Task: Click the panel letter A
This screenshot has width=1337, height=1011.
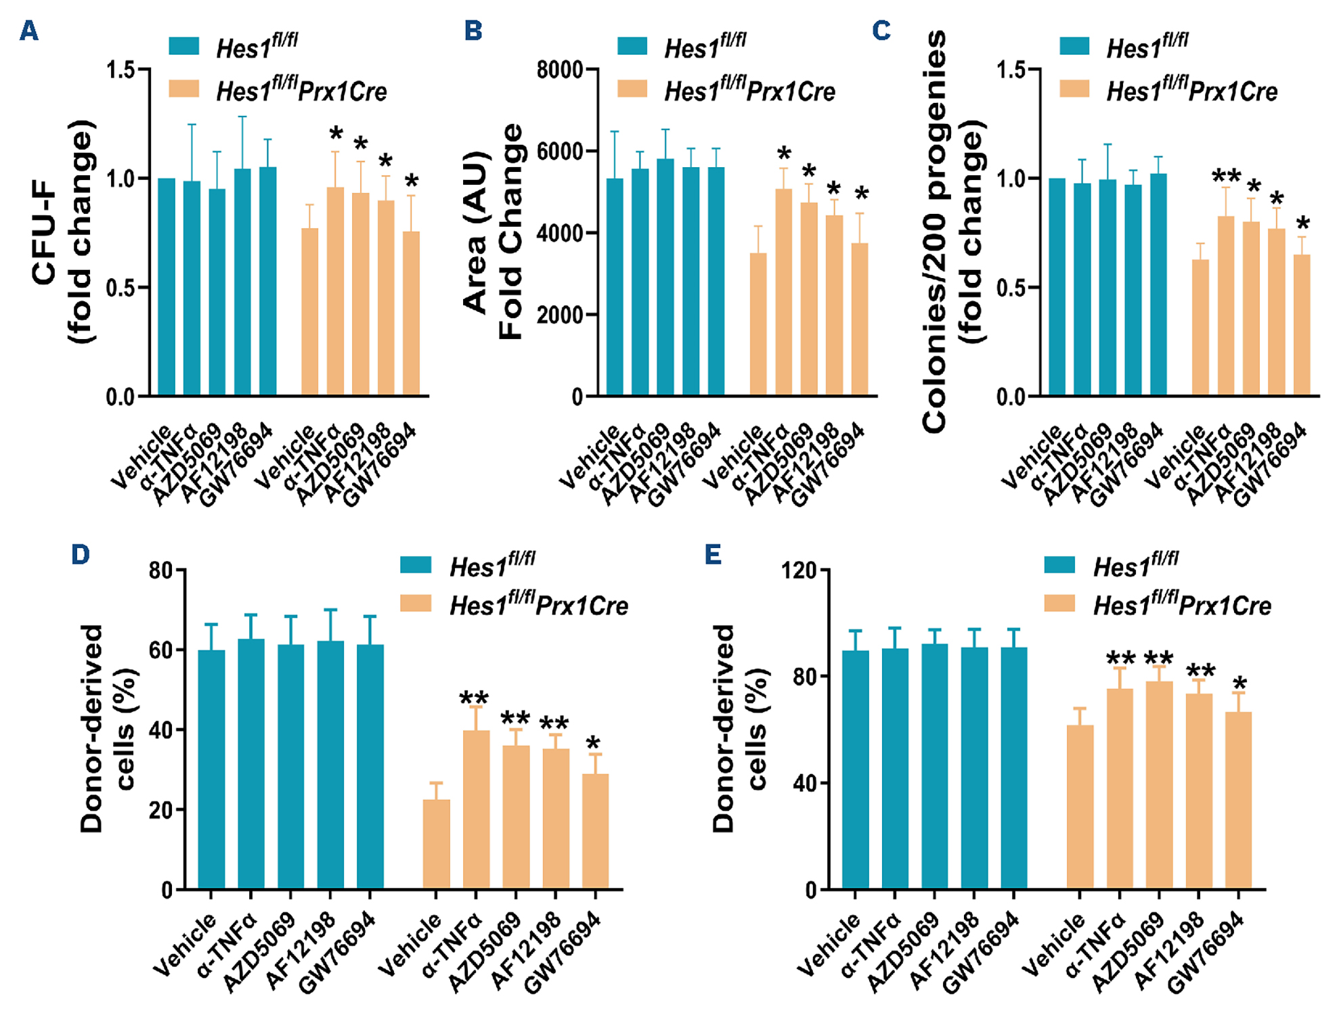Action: click(28, 30)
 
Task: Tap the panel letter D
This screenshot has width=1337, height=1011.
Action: click(80, 555)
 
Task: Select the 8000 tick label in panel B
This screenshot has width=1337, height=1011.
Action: click(559, 70)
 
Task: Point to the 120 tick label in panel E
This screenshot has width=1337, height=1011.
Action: click(798, 570)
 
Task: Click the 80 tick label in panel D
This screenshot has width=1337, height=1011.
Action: click(160, 570)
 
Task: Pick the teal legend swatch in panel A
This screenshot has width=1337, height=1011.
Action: click(183, 46)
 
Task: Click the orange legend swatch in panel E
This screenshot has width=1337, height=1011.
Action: click(1059, 603)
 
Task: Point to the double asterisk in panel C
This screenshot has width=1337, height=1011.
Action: click(1226, 177)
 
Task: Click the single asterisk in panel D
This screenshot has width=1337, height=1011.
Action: click(594, 743)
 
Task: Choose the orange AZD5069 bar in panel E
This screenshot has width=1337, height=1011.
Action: click(1159, 785)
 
